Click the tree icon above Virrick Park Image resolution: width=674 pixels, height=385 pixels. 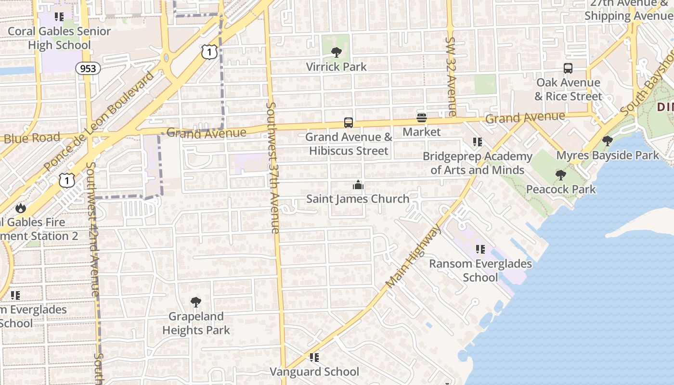pos(336,52)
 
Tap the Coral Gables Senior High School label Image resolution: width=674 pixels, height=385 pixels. pos(59,38)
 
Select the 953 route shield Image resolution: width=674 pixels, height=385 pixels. pos(88,68)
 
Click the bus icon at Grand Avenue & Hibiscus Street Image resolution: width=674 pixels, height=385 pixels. pos(349,123)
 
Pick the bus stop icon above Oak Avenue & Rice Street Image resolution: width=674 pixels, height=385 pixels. pos(568,68)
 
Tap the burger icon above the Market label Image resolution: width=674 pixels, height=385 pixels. pos(422,118)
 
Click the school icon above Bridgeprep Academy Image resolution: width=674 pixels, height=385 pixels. pos(477,142)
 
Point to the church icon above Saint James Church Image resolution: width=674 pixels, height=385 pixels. pos(358,185)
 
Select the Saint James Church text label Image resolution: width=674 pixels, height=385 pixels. pos(358,199)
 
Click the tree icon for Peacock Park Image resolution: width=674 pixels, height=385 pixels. pos(560,175)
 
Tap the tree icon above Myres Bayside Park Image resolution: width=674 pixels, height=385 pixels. pos(608,141)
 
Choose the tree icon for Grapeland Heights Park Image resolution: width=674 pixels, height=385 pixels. pos(195,302)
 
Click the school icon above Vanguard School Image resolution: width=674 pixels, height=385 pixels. pos(314,357)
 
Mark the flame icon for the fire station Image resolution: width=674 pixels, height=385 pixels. pos(20,208)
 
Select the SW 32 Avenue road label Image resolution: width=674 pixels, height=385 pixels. pos(451,77)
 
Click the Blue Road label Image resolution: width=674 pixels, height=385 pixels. pos(32,138)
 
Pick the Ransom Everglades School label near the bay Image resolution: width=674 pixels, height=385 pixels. pos(480,270)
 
